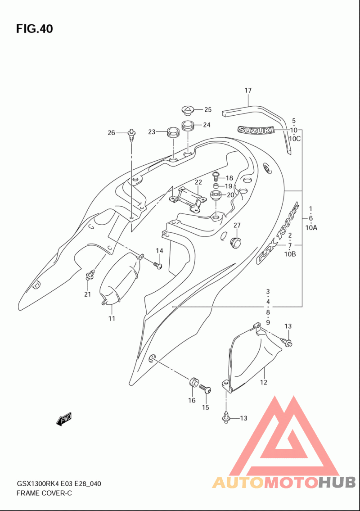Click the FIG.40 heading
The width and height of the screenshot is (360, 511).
(x=34, y=29)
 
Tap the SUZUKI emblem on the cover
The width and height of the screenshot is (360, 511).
(x=256, y=130)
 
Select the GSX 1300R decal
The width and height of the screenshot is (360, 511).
(x=278, y=234)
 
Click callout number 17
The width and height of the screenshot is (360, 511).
(x=248, y=90)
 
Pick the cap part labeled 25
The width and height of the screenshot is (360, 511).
(x=188, y=110)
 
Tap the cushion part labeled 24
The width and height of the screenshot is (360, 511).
(x=188, y=126)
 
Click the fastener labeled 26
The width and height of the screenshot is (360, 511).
(x=131, y=135)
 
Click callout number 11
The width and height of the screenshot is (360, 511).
(x=112, y=318)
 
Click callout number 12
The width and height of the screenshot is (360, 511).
(x=264, y=382)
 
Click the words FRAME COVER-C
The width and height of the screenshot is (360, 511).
(x=44, y=493)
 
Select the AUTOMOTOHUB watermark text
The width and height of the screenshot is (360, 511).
(x=284, y=482)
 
